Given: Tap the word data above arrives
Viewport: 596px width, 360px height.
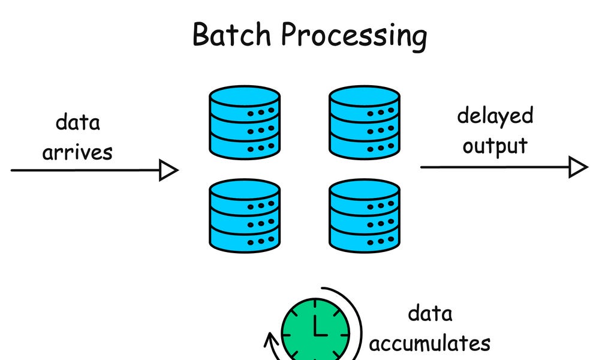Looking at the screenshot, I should click(x=78, y=122).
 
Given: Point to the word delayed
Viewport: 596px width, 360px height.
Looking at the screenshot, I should click(x=495, y=116).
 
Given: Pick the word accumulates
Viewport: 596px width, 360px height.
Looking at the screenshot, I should click(x=429, y=343).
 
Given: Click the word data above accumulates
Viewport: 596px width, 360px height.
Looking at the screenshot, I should click(x=430, y=313).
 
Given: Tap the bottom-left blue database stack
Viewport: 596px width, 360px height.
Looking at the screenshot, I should click(x=244, y=215).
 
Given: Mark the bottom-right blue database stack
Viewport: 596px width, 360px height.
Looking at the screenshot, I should click(x=365, y=215).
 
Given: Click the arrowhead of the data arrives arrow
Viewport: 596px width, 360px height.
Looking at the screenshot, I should click(x=168, y=170).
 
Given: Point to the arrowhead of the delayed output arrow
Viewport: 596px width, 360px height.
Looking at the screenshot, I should click(x=578, y=167).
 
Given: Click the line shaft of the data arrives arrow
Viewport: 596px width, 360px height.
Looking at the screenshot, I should click(x=84, y=170).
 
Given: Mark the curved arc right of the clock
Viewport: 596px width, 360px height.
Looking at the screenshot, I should click(x=359, y=324).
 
